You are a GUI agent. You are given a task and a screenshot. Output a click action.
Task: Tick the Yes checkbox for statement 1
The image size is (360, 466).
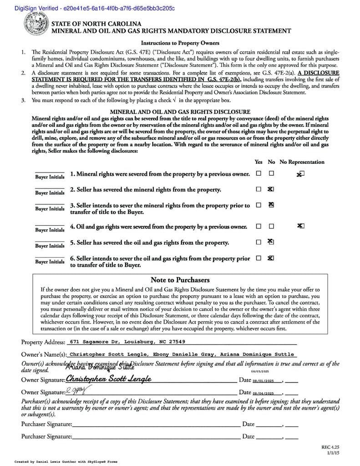(x=259, y=173)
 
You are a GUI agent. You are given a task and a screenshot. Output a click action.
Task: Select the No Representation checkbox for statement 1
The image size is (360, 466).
(x=301, y=174)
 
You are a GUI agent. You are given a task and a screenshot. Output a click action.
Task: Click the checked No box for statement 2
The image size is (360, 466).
(x=271, y=189)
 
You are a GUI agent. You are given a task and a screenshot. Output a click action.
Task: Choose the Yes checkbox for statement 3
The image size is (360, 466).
(x=259, y=205)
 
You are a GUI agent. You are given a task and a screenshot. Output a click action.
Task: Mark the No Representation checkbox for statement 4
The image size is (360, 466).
(x=301, y=226)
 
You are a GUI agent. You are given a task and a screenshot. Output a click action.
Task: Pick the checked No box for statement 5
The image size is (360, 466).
(x=271, y=242)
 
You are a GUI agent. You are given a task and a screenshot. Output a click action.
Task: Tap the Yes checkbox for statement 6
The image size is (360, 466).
(x=259, y=258)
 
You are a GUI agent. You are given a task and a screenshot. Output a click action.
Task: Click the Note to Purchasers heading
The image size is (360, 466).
(x=180, y=280)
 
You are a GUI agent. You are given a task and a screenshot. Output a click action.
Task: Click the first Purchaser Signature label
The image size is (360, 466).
(x=46, y=424)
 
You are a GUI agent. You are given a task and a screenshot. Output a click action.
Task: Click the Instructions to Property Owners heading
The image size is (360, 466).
(x=180, y=43)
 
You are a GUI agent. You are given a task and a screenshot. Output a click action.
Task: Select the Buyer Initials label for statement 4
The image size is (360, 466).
(x=50, y=230)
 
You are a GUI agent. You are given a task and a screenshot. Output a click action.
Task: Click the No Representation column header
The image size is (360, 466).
(x=302, y=162)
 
